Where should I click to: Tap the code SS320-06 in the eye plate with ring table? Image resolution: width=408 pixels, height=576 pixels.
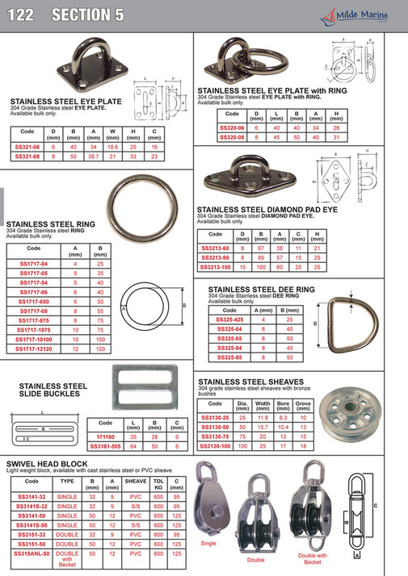[x=231, y=127]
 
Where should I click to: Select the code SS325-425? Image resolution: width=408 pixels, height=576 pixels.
[x=229, y=319]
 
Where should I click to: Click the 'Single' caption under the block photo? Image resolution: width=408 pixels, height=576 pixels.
[x=208, y=544]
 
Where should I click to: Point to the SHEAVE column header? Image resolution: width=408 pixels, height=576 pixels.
[x=135, y=480]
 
